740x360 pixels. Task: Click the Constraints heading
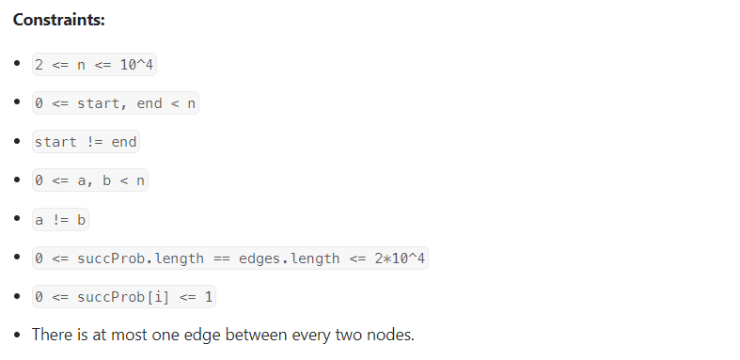click(58, 20)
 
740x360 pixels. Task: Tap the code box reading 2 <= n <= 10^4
click(94, 65)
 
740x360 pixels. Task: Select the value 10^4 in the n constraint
click(137, 65)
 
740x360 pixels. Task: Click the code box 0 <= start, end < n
click(116, 103)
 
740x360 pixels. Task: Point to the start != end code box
click(86, 142)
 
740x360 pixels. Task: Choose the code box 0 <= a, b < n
click(90, 180)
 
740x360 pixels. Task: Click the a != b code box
click(60, 220)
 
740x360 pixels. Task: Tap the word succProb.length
click(141, 258)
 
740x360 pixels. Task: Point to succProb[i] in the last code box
click(123, 297)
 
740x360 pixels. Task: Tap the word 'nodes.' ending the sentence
click(391, 335)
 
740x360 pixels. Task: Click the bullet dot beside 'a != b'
click(18, 218)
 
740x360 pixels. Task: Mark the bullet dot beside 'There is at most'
click(18, 335)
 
